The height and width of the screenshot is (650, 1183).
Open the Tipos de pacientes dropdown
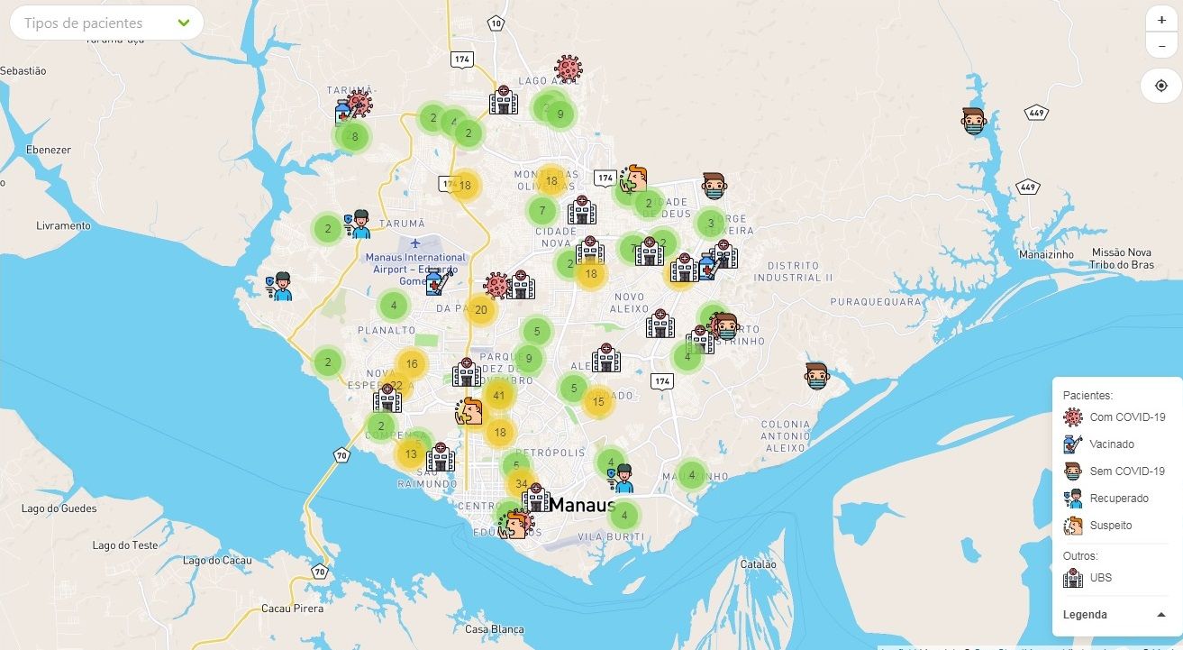[x=106, y=23]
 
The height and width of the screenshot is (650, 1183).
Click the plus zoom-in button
[x=1160, y=20]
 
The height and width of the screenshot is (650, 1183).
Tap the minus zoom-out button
[x=1160, y=45]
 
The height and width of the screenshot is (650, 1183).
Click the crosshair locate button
[x=1160, y=86]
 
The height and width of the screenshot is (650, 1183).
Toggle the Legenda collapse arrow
[x=1160, y=615]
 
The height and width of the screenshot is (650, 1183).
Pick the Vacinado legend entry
[x=1111, y=444]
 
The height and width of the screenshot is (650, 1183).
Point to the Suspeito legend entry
[x=1110, y=526]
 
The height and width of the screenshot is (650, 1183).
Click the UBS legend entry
[x=1100, y=578]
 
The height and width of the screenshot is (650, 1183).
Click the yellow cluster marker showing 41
[x=498, y=395]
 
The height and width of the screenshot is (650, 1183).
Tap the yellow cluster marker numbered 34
[x=521, y=484]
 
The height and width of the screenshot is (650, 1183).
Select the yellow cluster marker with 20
[x=480, y=310]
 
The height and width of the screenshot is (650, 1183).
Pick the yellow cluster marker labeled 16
[x=411, y=364]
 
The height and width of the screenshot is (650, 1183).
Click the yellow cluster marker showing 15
[x=598, y=402]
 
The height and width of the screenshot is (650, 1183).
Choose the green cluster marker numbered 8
[x=354, y=137]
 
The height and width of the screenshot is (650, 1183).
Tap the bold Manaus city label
[x=581, y=505]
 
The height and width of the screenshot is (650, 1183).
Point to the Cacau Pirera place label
[x=292, y=609]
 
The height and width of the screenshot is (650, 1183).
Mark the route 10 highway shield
[x=496, y=23]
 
